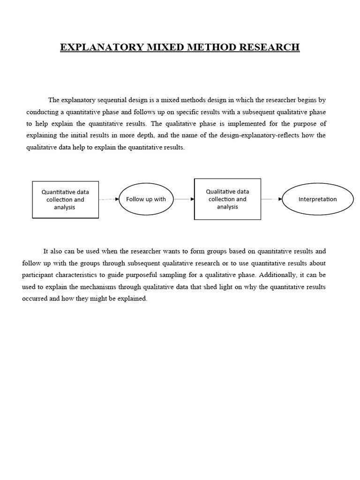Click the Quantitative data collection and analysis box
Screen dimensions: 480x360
point(65,199)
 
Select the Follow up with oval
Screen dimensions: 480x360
point(146,199)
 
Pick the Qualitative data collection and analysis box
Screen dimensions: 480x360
point(227,199)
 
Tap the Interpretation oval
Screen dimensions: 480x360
point(317,199)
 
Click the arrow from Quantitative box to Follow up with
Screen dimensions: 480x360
point(109,199)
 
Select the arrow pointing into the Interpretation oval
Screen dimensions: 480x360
point(272,199)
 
